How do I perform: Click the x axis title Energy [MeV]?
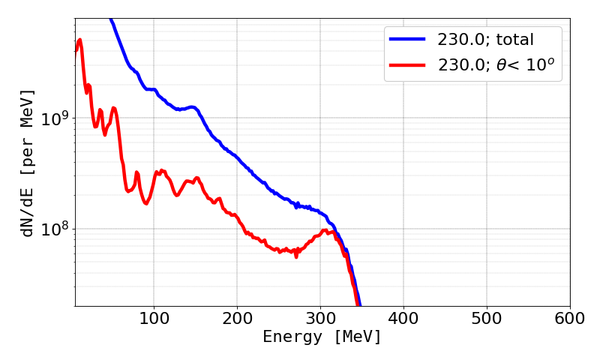(322, 337)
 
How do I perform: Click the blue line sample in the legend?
(406, 37)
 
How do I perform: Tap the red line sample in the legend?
(406, 65)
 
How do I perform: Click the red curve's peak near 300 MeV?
(325, 230)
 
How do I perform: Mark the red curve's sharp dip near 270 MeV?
(296, 256)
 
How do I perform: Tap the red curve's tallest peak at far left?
(79, 40)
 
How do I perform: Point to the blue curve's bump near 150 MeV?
(192, 107)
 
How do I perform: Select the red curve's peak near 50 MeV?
(113, 108)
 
